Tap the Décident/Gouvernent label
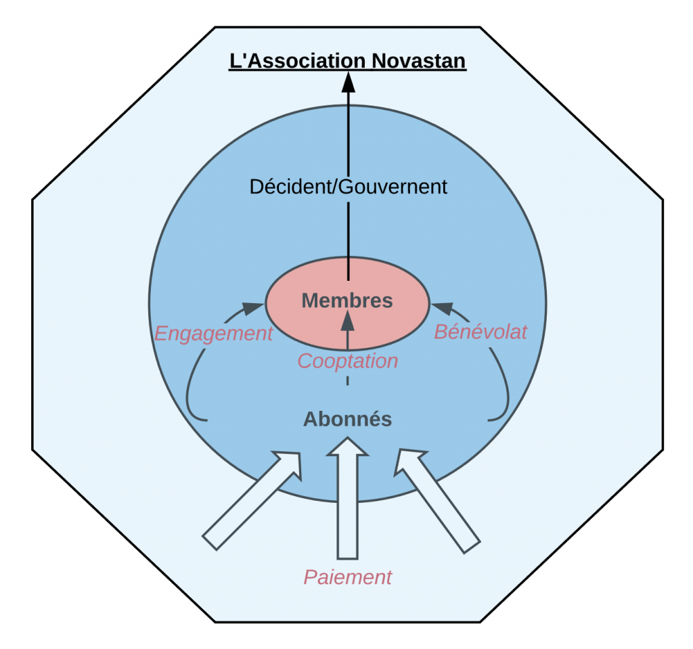point(349,187)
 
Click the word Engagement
point(214,334)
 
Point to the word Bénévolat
point(480,332)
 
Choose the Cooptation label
point(348,361)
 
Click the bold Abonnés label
point(347,420)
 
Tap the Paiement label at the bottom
point(347,577)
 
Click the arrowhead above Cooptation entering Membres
point(348,319)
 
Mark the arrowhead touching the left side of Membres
point(253,308)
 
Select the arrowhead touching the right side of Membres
point(443,308)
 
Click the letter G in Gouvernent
point(346,187)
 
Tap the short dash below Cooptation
point(348,381)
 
